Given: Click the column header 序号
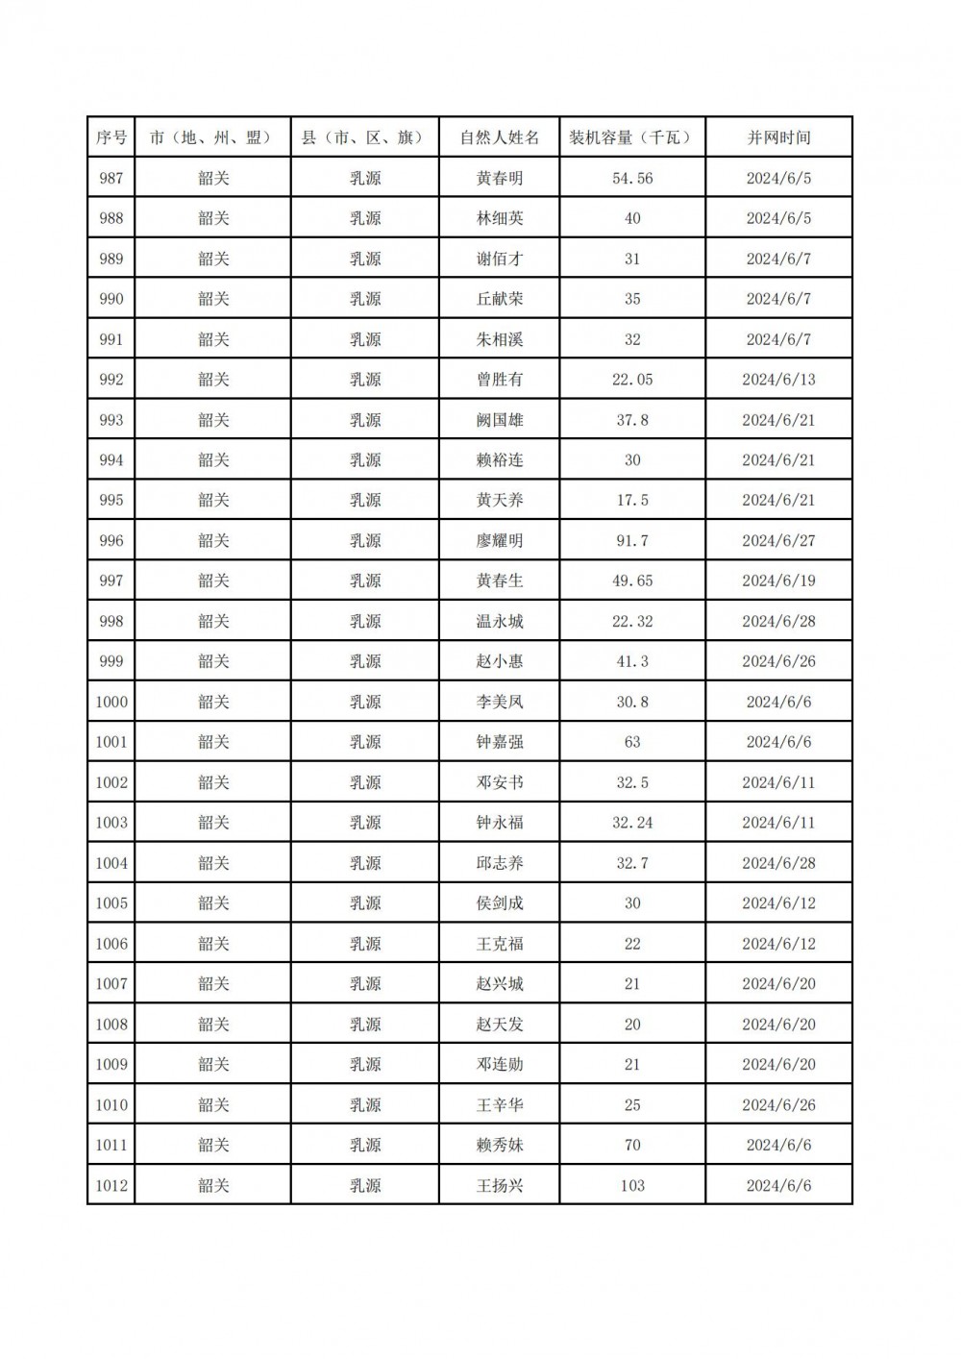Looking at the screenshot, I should (111, 137).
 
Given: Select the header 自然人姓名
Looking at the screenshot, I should (500, 137).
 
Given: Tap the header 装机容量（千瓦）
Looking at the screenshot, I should (632, 137).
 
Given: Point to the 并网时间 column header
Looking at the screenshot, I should (778, 137).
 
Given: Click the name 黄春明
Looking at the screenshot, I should (500, 178).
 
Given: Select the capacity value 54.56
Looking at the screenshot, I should (632, 178).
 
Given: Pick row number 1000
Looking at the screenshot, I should (111, 702).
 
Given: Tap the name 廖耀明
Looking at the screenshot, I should (500, 540).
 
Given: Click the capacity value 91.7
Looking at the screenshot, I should (632, 540).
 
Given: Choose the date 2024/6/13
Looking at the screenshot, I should (778, 380).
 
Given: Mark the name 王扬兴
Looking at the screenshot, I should (500, 1185).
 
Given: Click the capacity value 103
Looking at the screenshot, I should (632, 1185).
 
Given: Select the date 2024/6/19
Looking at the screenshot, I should (778, 581).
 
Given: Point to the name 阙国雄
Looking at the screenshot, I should (500, 420).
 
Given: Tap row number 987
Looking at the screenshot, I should (111, 178).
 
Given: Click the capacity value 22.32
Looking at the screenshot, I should (632, 621).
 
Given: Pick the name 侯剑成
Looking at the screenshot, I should (500, 903).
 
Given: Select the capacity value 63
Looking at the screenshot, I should (632, 742).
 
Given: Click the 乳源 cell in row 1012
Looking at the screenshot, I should (365, 1185).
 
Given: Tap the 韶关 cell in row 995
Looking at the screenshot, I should (213, 500).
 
